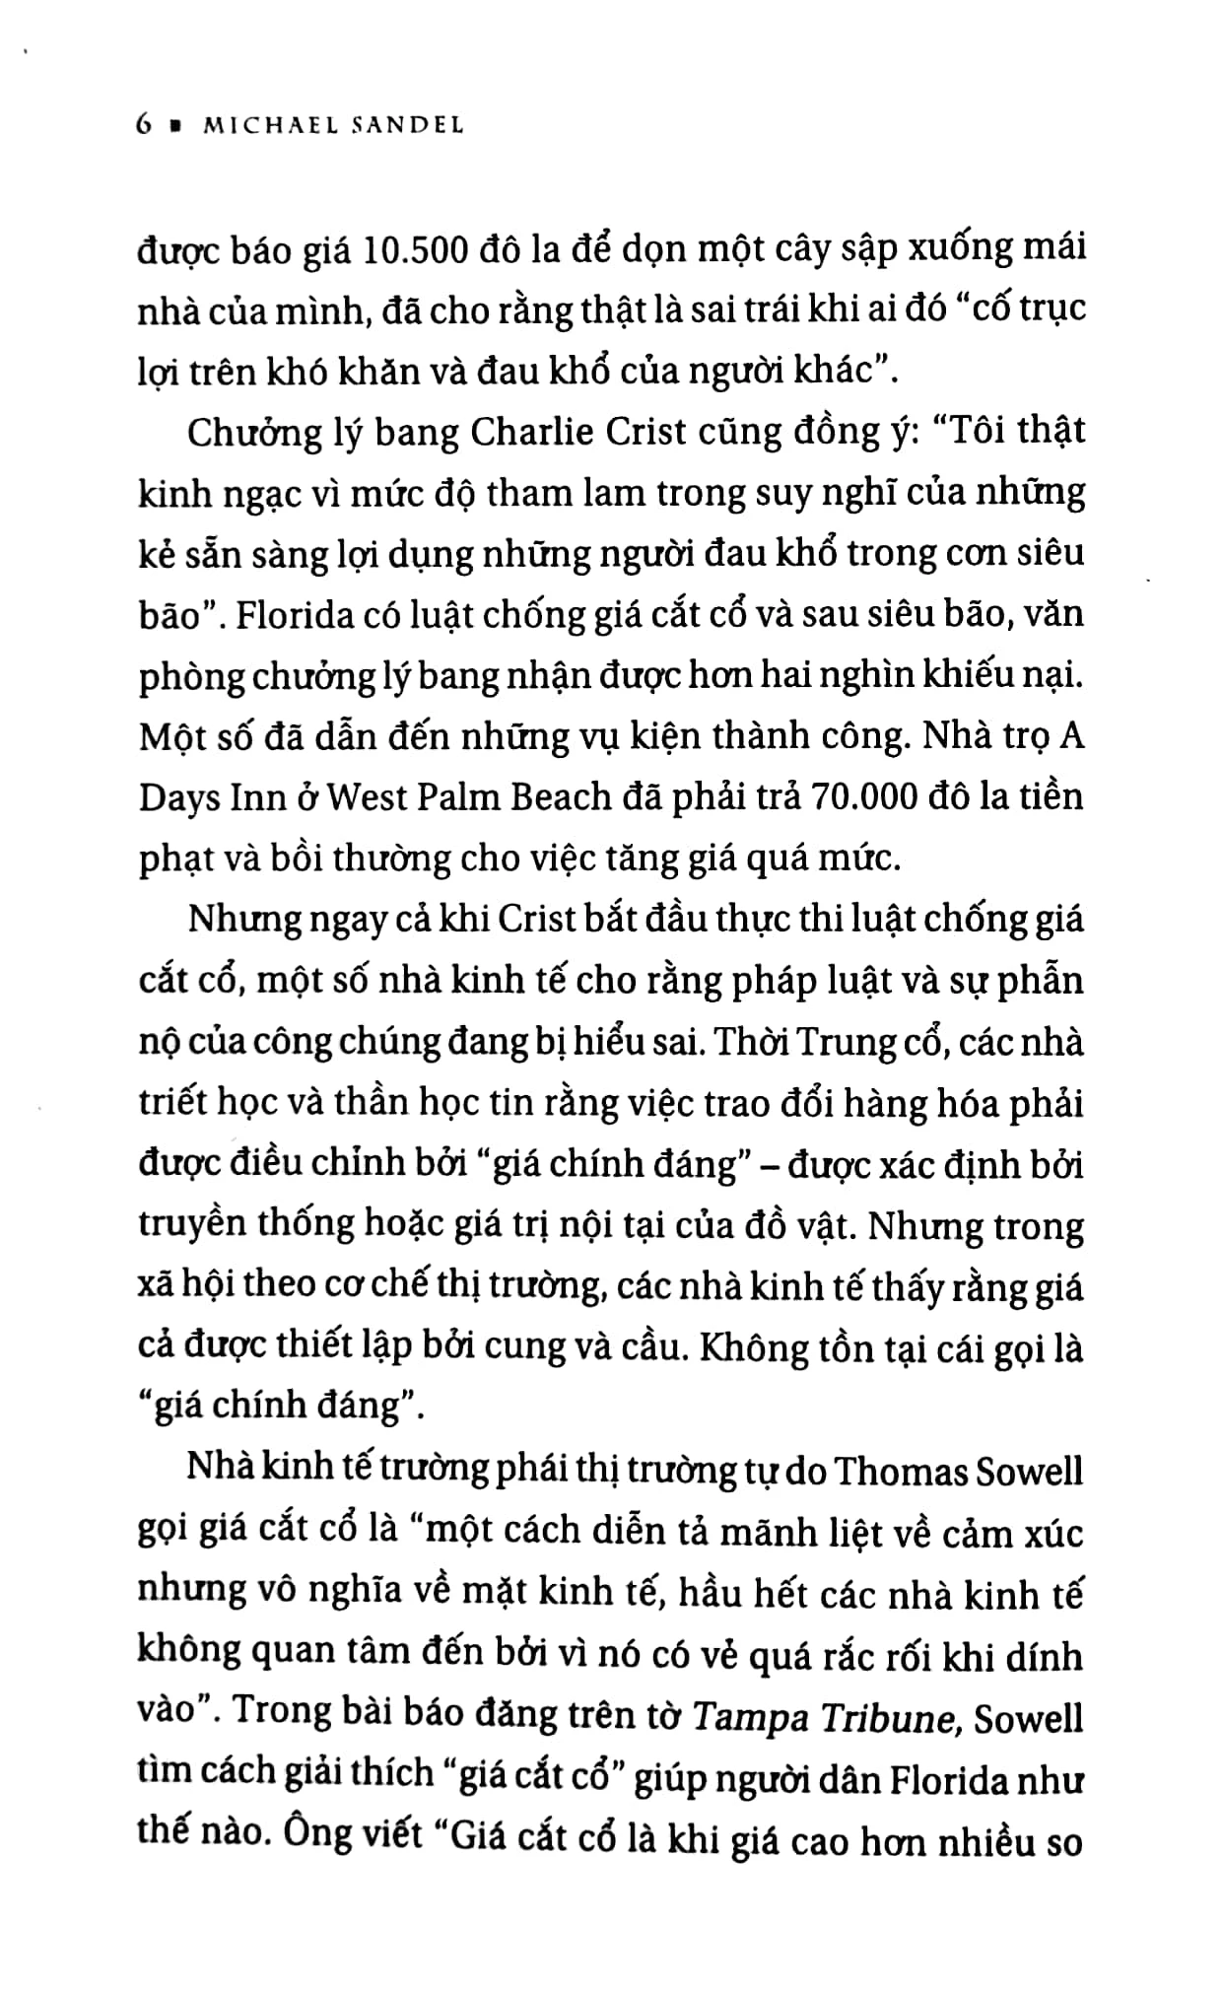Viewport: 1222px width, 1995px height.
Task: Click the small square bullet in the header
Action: point(175,126)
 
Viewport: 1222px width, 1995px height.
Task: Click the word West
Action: point(365,797)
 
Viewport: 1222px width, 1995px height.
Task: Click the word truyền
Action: point(191,1225)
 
